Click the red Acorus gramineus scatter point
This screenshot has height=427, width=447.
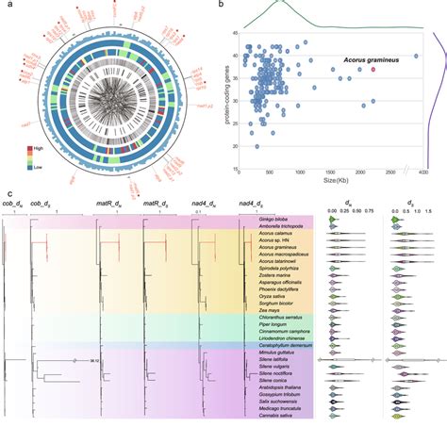pyautogui.click(x=372, y=69)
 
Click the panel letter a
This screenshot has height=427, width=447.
pyautogui.click(x=8, y=6)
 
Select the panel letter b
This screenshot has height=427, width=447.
pyautogui.click(x=221, y=6)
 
